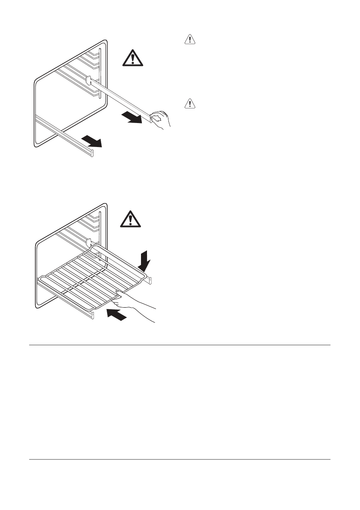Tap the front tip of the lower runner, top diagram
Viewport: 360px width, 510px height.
point(92,153)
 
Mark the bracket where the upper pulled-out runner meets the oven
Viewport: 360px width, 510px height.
point(89,80)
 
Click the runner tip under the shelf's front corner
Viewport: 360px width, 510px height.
point(91,316)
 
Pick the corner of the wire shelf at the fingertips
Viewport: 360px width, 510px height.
point(116,294)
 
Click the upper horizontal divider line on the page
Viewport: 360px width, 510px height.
point(180,345)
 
